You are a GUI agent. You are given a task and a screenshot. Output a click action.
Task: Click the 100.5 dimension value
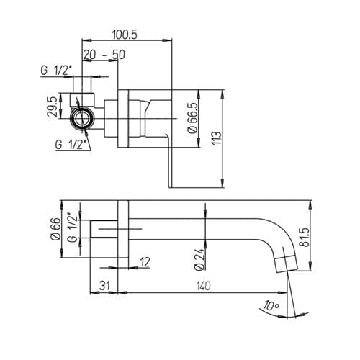(125, 35)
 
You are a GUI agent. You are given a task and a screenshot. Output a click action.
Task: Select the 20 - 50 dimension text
(104, 55)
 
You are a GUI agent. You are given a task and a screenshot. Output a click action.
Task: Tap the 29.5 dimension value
(53, 106)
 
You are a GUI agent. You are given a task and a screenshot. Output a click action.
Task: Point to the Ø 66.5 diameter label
(193, 117)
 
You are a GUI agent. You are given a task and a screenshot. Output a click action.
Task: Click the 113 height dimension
(217, 138)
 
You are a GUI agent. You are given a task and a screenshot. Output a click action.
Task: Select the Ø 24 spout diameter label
(199, 259)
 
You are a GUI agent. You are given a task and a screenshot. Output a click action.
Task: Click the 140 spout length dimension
(204, 286)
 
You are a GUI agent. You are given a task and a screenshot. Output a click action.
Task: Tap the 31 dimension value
(105, 286)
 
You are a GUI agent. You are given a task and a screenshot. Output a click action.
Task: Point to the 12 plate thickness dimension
(145, 262)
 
